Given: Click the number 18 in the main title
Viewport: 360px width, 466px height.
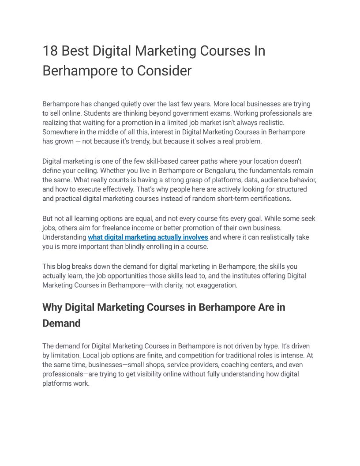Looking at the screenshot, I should click(x=50, y=51).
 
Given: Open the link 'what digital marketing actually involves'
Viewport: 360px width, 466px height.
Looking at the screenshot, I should click(x=148, y=237).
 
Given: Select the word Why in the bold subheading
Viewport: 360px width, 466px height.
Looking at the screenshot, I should click(x=52, y=307).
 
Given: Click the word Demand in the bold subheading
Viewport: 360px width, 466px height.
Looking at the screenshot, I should click(x=61, y=323).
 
